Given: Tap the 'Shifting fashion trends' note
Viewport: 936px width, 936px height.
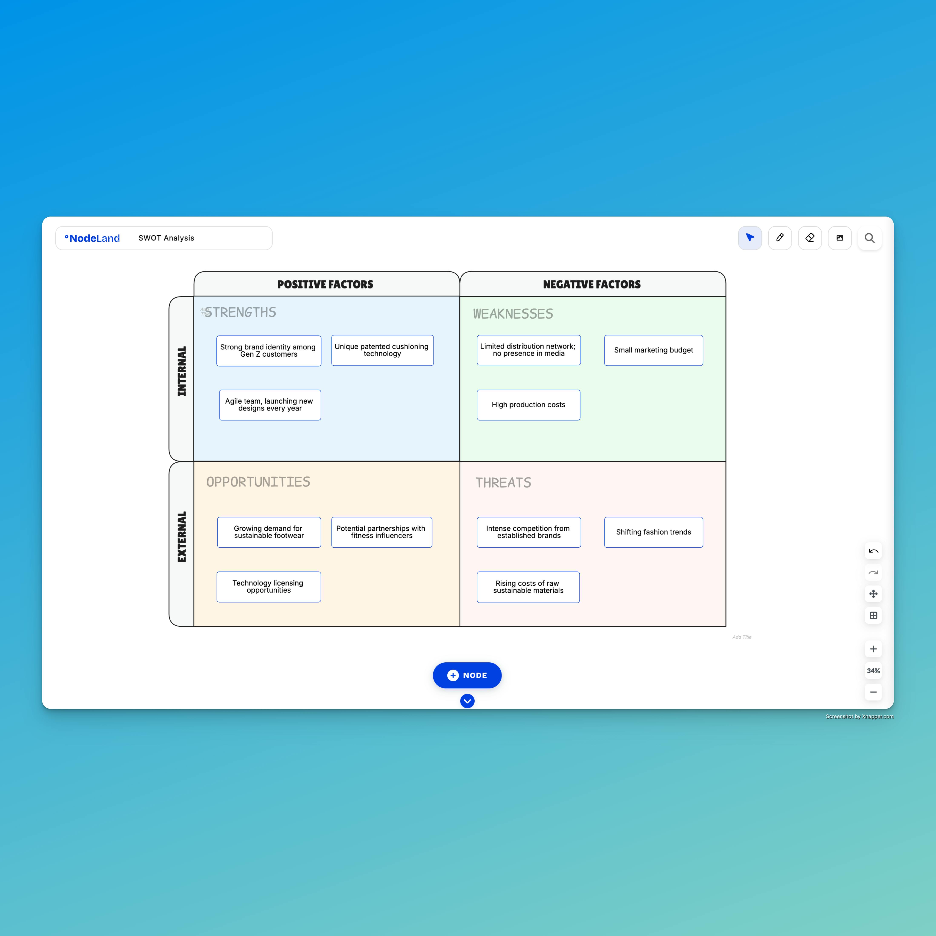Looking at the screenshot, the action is point(653,532).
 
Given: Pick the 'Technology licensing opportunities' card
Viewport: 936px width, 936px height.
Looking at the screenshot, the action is point(269,587).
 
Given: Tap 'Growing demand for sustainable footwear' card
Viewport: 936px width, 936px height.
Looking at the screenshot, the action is point(269,532).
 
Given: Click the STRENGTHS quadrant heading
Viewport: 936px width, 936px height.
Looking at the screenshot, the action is point(240,313).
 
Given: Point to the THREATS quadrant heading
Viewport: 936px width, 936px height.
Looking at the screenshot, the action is point(503,482).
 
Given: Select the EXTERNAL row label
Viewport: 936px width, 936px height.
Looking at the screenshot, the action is point(182,537).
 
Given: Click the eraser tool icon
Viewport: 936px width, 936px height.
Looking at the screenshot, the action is point(810,238).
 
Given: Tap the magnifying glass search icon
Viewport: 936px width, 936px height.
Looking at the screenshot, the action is point(870,238).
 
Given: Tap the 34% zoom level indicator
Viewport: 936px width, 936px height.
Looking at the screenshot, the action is point(873,670).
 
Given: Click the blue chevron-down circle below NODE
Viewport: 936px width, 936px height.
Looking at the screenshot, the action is point(467,701).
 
